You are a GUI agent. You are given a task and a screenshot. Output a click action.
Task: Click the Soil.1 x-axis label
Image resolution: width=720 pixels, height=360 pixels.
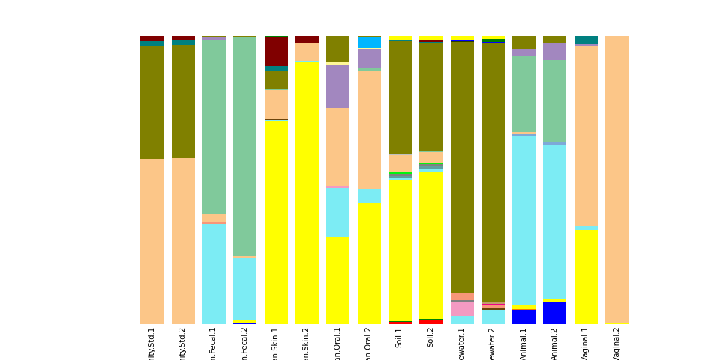pyautogui.click(x=400, y=337)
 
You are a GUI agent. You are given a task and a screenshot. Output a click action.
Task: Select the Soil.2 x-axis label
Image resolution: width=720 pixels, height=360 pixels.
pyautogui.click(x=430, y=337)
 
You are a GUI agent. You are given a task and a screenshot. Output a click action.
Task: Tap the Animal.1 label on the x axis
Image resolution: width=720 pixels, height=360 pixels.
pyautogui.click(x=523, y=343)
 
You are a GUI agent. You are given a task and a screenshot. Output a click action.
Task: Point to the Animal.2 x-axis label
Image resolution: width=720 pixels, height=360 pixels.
pyautogui.click(x=555, y=343)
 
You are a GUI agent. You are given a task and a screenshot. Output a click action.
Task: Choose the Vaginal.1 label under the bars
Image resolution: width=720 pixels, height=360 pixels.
pyautogui.click(x=586, y=343)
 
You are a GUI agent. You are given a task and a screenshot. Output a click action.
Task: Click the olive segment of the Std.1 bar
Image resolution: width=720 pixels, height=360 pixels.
pyautogui.click(x=151, y=102)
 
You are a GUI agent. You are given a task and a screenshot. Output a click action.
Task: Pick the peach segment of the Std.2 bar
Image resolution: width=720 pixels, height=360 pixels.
pyautogui.click(x=183, y=240)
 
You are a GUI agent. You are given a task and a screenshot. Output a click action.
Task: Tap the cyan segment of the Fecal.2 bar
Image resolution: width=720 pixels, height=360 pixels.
pyautogui.click(x=244, y=288)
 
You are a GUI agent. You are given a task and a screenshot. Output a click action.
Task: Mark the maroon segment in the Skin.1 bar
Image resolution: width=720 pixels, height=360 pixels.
pyautogui.click(x=276, y=51)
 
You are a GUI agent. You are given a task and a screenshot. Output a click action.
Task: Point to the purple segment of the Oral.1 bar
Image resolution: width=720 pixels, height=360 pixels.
pyautogui.click(x=337, y=86)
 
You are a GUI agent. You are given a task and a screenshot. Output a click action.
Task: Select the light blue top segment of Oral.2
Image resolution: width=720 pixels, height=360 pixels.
pyautogui.click(x=369, y=42)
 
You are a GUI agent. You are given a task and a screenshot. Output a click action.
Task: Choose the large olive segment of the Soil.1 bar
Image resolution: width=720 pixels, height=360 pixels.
pyautogui.click(x=400, y=97)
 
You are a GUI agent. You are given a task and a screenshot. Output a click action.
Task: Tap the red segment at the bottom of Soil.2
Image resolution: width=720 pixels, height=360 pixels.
pyautogui.click(x=430, y=321)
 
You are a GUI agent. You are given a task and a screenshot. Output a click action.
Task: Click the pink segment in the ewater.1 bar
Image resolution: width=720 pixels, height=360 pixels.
pyautogui.click(x=462, y=309)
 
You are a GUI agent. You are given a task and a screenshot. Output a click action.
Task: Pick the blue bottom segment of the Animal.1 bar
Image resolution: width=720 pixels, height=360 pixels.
pyautogui.click(x=523, y=316)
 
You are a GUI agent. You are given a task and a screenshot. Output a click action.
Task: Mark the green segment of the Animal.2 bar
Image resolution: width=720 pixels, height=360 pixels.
pyautogui.click(x=555, y=100)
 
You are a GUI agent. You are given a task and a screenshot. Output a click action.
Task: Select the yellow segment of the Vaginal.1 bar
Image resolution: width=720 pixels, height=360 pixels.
pyautogui.click(x=586, y=277)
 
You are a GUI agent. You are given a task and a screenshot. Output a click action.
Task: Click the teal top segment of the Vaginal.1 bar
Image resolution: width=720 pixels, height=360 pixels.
pyautogui.click(x=586, y=40)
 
